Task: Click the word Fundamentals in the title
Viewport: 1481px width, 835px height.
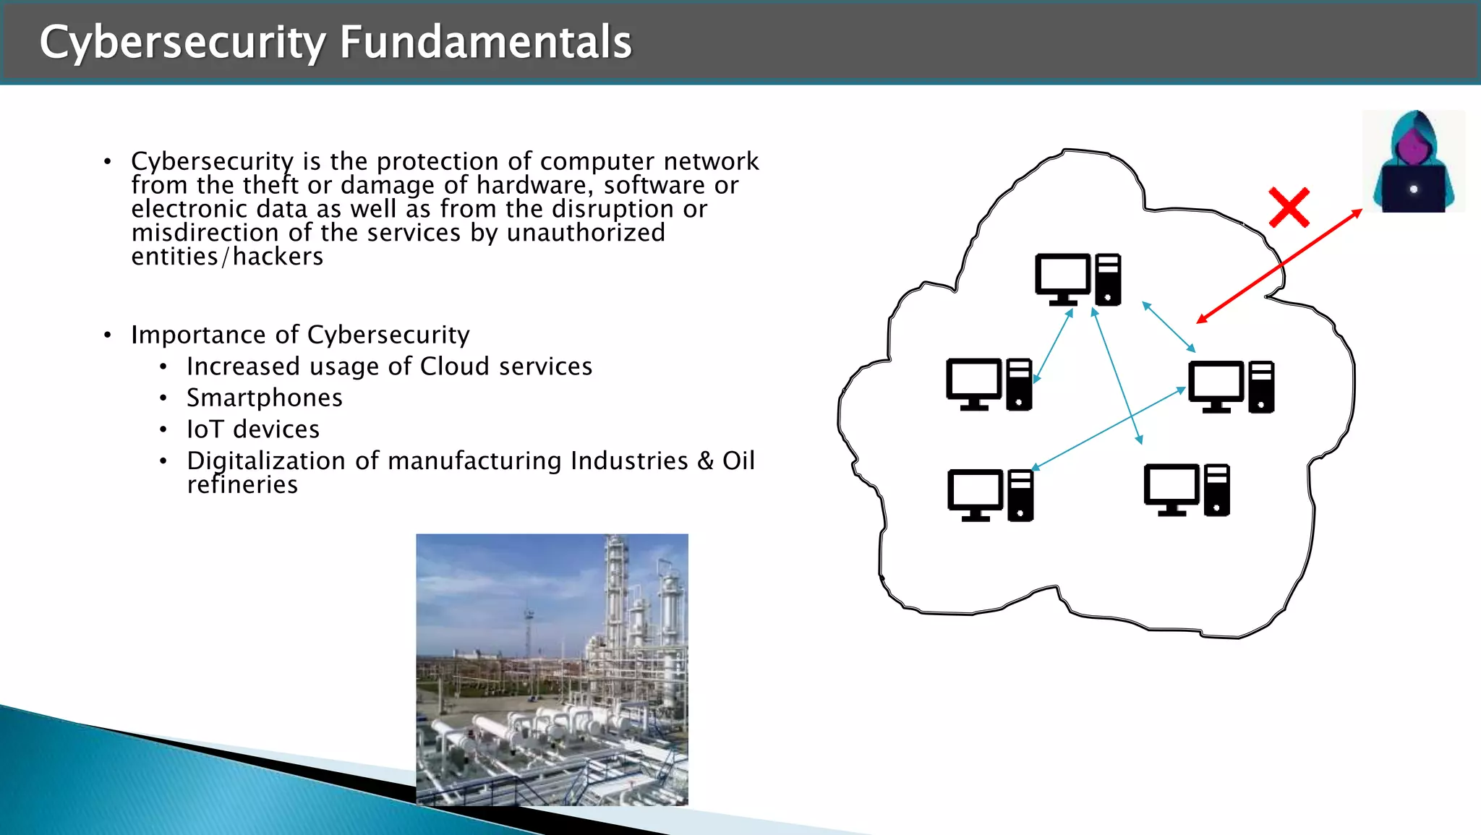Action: click(x=485, y=42)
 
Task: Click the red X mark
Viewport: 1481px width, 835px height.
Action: click(x=1289, y=207)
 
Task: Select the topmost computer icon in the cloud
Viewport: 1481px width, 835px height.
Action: click(x=1077, y=279)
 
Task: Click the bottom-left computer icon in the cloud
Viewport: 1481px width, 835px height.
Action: click(x=990, y=494)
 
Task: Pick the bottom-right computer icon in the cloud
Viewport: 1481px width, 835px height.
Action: click(x=1186, y=489)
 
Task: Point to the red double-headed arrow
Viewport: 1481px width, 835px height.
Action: click(x=1279, y=267)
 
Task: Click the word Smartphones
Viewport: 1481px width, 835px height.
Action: click(x=265, y=398)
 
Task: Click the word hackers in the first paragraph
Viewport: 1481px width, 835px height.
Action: click(x=278, y=257)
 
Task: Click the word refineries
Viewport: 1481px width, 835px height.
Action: click(x=242, y=484)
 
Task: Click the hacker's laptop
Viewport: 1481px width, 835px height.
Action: click(x=1414, y=189)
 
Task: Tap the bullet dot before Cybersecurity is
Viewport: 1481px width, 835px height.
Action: click(x=108, y=161)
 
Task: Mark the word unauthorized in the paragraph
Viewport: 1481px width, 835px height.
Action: click(x=586, y=233)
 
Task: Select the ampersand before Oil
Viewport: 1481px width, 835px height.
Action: click(x=705, y=461)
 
